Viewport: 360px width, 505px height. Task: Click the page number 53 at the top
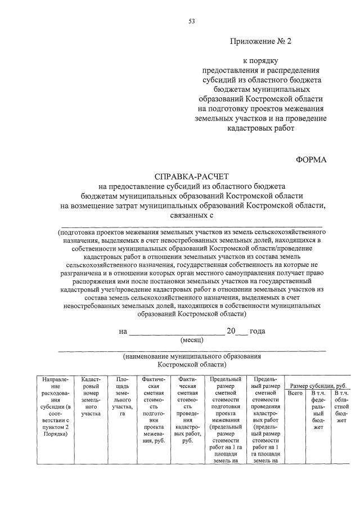(x=191, y=22)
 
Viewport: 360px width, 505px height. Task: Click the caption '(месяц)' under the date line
(x=192, y=340)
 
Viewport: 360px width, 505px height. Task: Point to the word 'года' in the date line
(x=257, y=331)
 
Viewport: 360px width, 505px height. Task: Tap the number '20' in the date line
(x=231, y=331)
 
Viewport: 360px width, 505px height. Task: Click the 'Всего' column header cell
(x=295, y=393)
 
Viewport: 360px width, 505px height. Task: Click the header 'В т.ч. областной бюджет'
(x=341, y=410)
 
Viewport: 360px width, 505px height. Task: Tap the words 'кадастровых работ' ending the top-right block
(x=261, y=128)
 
